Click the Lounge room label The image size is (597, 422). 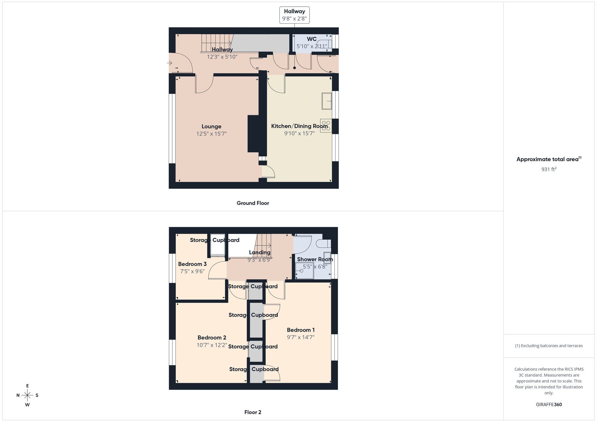pos(211,127)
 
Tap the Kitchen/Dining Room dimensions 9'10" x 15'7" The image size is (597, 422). pos(299,133)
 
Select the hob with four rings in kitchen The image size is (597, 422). pos(326,126)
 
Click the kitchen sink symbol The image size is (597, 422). pos(327,101)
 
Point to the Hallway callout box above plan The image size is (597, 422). pos(294,15)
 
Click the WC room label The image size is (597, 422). pos(312,39)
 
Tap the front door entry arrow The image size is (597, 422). pos(170,63)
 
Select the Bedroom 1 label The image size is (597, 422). pos(301,330)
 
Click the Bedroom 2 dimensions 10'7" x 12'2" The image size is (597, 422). pos(212,345)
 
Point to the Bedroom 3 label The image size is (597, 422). pos(192,264)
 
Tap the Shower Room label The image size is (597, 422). pos(315,259)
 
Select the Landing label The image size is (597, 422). pos(259,252)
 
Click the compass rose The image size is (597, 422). pos(27,395)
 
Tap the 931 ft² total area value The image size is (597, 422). pos(549,169)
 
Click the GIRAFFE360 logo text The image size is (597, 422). pos(549,405)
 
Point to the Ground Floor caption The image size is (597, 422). pos(253,203)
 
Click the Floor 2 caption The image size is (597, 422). pos(253,412)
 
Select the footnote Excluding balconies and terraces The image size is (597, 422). pos(549,346)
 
